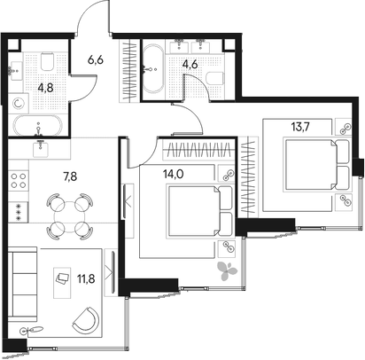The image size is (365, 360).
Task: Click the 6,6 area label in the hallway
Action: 96,60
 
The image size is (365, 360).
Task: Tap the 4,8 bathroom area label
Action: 45,88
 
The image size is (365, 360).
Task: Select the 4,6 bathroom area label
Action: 190,64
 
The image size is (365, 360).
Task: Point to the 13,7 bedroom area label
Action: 300,127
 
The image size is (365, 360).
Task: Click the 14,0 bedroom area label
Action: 173,174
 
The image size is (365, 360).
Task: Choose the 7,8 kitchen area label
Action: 70,176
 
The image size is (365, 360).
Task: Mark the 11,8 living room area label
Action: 86,278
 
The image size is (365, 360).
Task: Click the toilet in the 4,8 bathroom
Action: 47,61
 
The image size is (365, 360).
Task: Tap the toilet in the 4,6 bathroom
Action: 214,78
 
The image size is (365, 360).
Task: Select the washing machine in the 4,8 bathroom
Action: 19,104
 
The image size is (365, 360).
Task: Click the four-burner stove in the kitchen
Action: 19,181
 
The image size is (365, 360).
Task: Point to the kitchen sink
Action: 41,148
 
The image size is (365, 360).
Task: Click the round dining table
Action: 70,216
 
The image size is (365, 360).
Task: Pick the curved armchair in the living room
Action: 86,321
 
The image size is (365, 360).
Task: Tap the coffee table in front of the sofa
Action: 62,283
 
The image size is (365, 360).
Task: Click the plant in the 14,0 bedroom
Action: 227,270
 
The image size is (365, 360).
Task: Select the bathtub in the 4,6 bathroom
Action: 152,69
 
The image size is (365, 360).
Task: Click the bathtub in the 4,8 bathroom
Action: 38,125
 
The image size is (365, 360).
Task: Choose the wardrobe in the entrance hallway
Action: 129,71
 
